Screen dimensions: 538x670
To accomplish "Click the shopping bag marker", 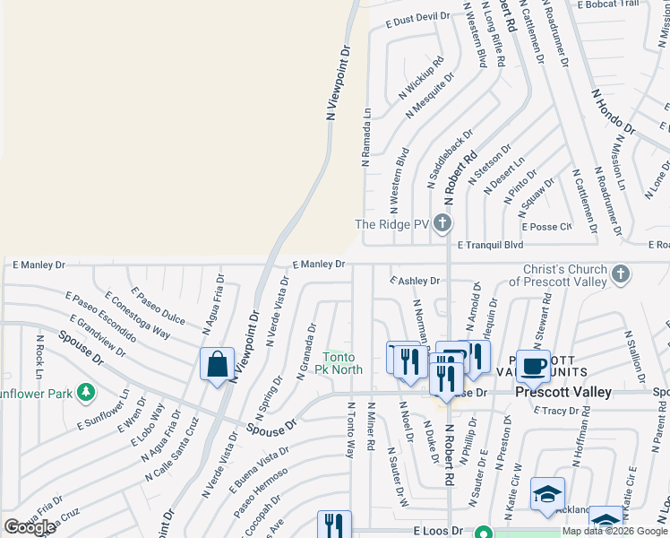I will point(217,365).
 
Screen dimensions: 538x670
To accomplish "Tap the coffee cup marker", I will point(534,367).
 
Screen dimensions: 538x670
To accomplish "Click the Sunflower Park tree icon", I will point(86,392).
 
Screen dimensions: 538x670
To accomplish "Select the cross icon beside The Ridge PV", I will point(441,223).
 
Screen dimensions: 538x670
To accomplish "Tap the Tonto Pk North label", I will point(342,364).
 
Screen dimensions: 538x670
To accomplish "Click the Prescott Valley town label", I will point(563,392).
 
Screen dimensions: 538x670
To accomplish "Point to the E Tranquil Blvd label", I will point(490,244).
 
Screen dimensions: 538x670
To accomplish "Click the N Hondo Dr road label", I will point(613,111).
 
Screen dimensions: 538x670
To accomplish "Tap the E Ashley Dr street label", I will point(415,281).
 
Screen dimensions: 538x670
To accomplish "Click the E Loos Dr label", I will point(438,531).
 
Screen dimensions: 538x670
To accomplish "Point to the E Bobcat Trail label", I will point(608,4).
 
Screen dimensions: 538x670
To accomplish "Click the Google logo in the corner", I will point(30,527).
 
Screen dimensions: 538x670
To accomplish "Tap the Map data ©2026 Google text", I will point(614,531).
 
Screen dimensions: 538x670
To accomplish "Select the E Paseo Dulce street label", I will point(158,308).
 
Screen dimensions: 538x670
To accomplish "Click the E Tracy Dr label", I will point(556,411).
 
